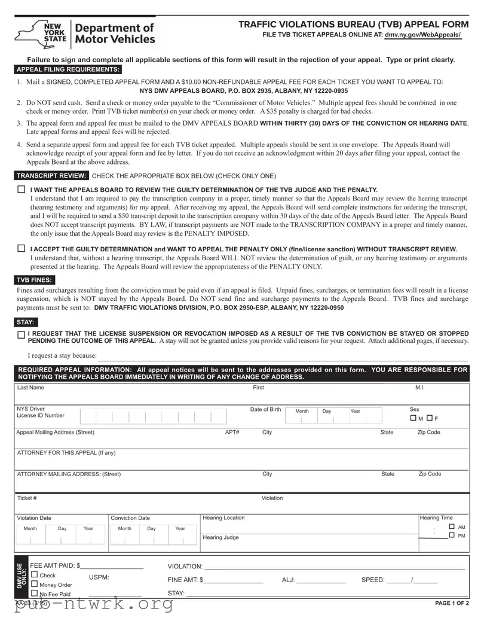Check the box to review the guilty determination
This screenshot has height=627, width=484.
[22, 189]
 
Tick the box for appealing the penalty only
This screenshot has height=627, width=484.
[22, 248]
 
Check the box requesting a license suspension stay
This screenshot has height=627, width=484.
[22, 336]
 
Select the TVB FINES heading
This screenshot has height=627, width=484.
[33, 280]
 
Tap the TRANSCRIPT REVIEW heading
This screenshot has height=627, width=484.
[52, 176]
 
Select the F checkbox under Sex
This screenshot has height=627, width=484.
[430, 418]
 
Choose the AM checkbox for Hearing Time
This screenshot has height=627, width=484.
[452, 526]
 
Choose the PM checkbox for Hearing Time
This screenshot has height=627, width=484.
[452, 535]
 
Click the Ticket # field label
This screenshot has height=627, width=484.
[27, 498]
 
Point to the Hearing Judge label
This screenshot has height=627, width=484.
[220, 537]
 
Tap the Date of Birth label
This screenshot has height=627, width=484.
[265, 409]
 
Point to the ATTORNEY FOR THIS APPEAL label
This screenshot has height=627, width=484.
[66, 452]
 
